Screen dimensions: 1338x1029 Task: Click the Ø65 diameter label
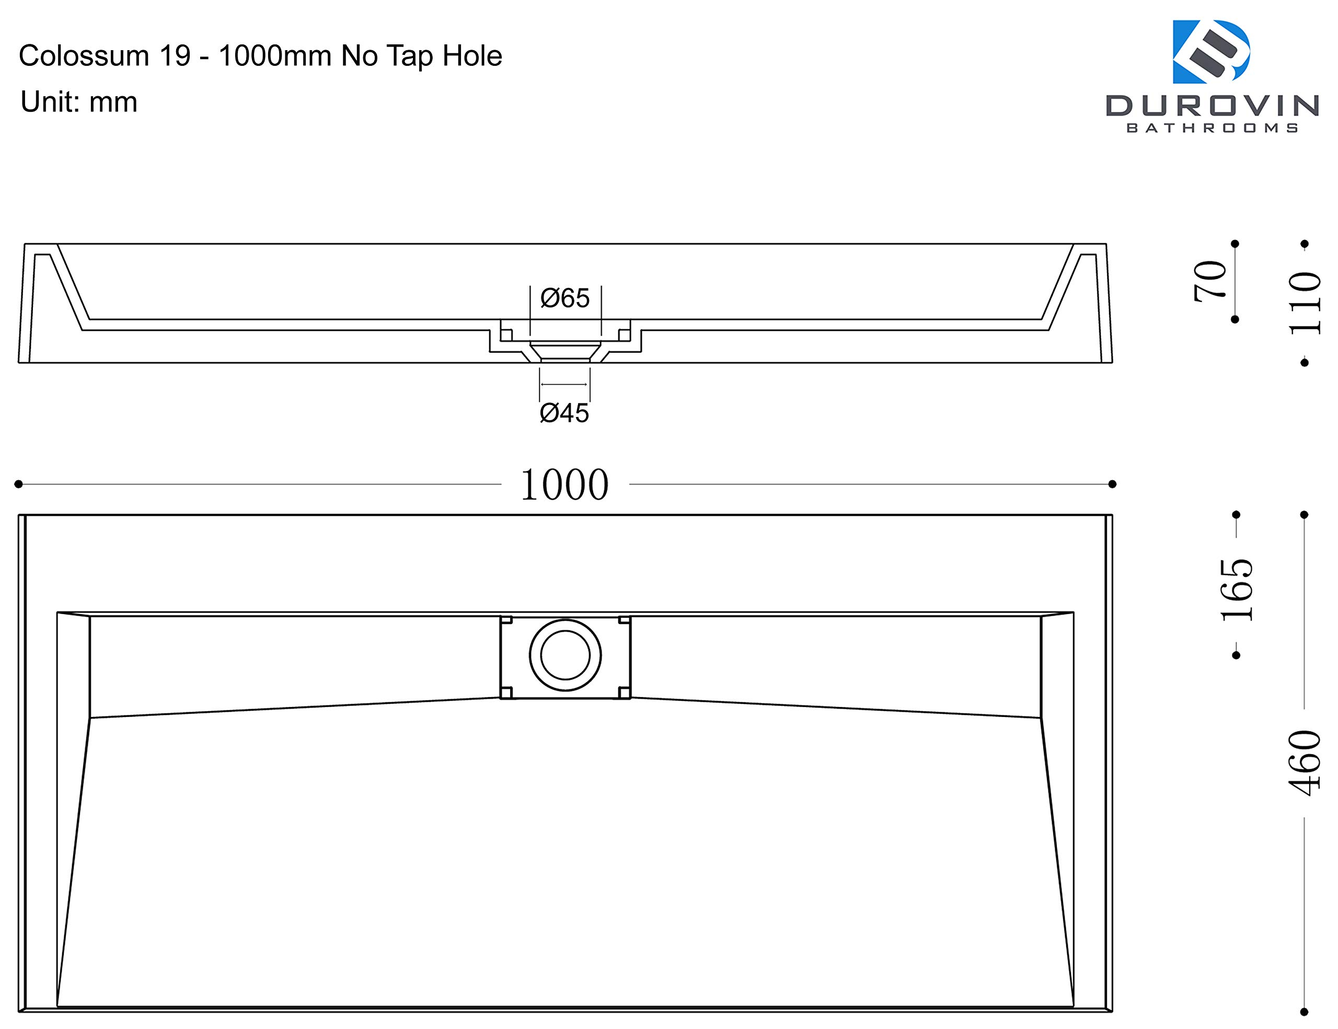(x=564, y=298)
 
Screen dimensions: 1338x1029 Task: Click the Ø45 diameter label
(x=564, y=413)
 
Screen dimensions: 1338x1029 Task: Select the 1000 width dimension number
(x=564, y=485)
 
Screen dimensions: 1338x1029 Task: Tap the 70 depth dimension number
(x=1210, y=281)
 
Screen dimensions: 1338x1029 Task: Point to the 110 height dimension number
(x=1306, y=303)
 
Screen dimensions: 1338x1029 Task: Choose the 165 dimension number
(x=1237, y=591)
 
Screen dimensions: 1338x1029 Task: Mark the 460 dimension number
(x=1305, y=763)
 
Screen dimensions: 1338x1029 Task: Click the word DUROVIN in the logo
(x=1213, y=106)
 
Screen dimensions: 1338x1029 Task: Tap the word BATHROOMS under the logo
(x=1213, y=128)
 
